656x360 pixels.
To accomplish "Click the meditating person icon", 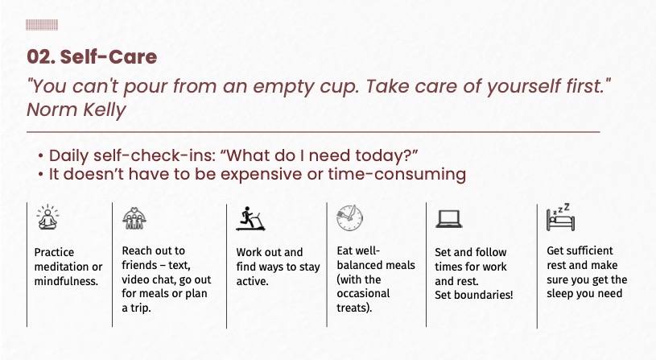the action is click(x=47, y=217).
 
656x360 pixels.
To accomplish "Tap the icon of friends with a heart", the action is click(x=134, y=218).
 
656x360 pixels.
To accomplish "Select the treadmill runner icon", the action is click(x=250, y=218).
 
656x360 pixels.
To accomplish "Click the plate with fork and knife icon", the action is click(x=350, y=217).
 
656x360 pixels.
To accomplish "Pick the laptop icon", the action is click(x=449, y=219).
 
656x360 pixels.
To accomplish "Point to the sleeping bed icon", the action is click(x=560, y=217).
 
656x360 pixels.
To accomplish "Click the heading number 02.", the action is click(x=40, y=57).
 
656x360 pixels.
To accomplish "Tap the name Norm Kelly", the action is click(x=76, y=110).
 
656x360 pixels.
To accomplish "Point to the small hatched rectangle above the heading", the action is click(x=42, y=25).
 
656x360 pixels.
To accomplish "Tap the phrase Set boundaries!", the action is click(x=473, y=295).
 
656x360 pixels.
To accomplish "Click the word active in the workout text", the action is click(x=251, y=281).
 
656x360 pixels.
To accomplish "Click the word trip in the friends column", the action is click(x=141, y=308).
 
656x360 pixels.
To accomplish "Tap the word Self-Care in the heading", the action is click(x=109, y=57).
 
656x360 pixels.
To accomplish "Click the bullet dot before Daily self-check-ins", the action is click(x=40, y=156).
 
